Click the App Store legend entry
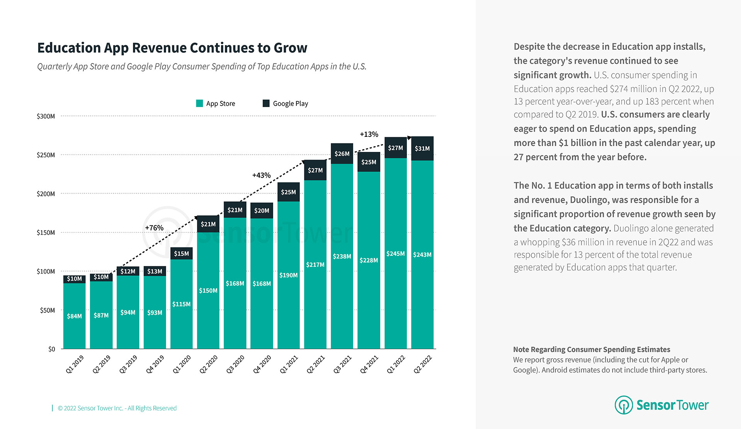[216, 104]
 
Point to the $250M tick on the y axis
[46, 155]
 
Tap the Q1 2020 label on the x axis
[182, 364]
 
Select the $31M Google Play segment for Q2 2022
[422, 148]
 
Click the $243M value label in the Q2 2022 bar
[422, 255]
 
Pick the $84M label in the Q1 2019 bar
[74, 316]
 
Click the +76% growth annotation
[154, 228]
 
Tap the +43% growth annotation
[262, 175]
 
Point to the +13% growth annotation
[369, 134]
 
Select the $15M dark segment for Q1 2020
[182, 254]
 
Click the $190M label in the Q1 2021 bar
[289, 275]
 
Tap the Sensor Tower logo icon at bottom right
[624, 405]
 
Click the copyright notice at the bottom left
[117, 408]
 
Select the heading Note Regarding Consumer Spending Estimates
[591, 349]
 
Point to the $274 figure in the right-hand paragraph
[619, 89]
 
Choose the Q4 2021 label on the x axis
[369, 364]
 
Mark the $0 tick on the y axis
[52, 349]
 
